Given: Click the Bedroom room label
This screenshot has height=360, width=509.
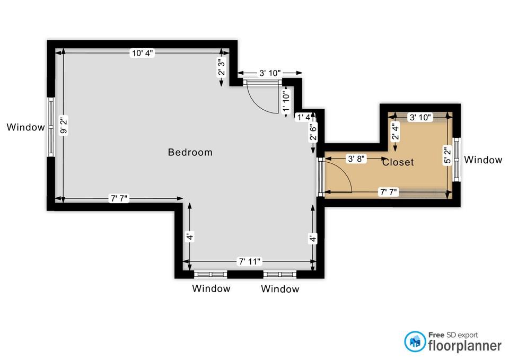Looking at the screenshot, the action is [x=190, y=152].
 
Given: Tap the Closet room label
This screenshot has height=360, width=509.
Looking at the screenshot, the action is [x=398, y=162].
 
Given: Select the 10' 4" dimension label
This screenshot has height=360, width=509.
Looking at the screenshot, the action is [x=142, y=53].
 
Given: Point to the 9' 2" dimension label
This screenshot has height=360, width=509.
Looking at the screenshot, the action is [x=64, y=125].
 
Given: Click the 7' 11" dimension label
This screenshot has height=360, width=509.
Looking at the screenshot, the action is [x=250, y=261].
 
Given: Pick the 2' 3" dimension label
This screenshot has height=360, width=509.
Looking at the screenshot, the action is [x=222, y=67].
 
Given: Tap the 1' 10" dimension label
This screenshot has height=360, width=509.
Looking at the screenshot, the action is [x=286, y=101].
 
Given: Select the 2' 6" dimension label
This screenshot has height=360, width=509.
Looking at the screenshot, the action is [x=313, y=132].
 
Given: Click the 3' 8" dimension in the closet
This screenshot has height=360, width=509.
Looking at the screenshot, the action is [x=356, y=159].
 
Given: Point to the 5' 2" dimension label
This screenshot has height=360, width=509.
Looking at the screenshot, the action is [x=447, y=156].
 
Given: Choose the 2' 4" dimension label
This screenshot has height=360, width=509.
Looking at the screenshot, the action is [x=395, y=131].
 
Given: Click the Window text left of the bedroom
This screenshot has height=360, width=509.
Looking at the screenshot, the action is [x=25, y=127].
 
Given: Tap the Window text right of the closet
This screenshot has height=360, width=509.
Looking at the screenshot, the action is [x=483, y=160].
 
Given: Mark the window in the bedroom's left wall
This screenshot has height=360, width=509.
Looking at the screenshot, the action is [x=51, y=127].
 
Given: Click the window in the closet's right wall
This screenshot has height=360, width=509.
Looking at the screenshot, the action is [x=457, y=160].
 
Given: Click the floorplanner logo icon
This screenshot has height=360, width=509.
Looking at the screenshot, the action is [x=415, y=341].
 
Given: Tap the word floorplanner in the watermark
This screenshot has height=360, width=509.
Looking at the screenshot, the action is [x=465, y=346].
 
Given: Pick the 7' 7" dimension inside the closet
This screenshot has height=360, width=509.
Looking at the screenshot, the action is [x=389, y=192].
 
